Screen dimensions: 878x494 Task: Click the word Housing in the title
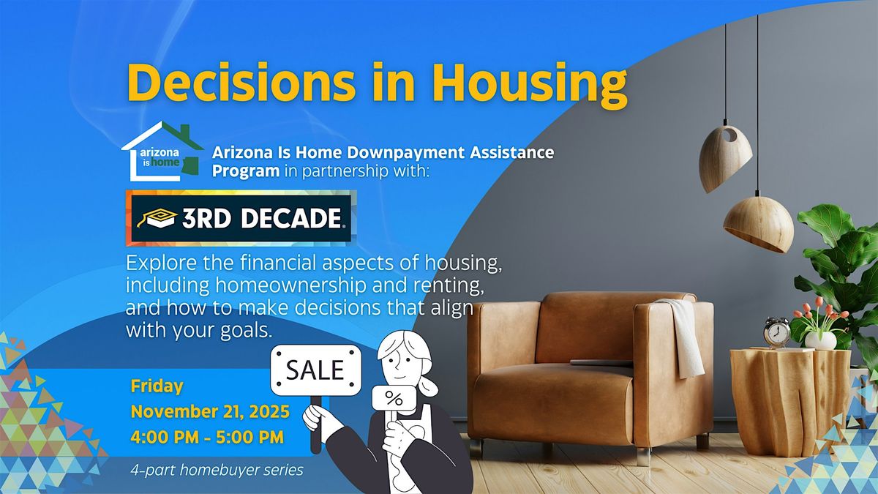click(x=530, y=83)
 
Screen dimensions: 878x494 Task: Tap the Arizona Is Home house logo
click(x=162, y=151)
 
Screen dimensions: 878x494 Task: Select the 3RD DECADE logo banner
click(x=241, y=218)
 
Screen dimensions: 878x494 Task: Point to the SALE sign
click(x=315, y=370)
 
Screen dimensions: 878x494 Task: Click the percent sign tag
click(x=394, y=398)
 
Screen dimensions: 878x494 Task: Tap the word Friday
click(x=157, y=386)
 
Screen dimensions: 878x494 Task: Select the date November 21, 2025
click(x=210, y=411)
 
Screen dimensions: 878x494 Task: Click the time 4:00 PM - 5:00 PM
click(x=207, y=437)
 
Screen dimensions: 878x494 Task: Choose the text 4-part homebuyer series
click(x=217, y=470)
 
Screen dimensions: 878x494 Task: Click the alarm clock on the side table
click(x=776, y=332)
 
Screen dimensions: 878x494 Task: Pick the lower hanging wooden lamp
click(x=759, y=224)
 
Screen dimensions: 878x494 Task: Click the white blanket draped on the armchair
click(x=684, y=338)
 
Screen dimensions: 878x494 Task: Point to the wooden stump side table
click(x=789, y=402)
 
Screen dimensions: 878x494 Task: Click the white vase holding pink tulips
click(x=820, y=340)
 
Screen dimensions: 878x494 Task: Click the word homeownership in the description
click(x=290, y=286)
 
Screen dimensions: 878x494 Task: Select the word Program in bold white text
click(x=246, y=171)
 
